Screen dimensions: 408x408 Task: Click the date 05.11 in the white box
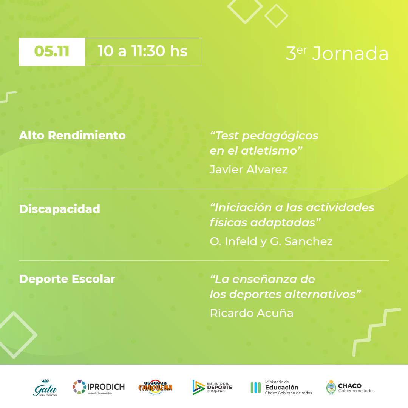(51, 51)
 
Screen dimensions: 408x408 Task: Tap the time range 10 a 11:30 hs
(142, 51)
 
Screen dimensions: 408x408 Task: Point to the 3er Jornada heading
(337, 53)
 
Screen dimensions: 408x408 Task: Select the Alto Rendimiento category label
(72, 135)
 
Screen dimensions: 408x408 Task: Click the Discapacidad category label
(60, 209)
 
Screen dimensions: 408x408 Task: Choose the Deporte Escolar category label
(67, 279)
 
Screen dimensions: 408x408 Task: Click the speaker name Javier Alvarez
(249, 170)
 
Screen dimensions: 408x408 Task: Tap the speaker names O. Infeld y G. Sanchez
(271, 241)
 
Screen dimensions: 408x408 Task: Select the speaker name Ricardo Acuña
(252, 313)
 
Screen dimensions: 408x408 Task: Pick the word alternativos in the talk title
(320, 294)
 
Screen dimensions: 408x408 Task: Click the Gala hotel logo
(45, 388)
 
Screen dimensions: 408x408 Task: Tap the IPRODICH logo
(99, 387)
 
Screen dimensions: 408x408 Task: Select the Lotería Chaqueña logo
(155, 387)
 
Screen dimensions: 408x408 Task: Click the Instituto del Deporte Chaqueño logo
(212, 387)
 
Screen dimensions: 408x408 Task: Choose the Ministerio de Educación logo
(281, 388)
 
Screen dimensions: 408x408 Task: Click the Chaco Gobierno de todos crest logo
(350, 388)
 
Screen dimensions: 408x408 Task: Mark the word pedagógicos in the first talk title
(280, 136)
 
